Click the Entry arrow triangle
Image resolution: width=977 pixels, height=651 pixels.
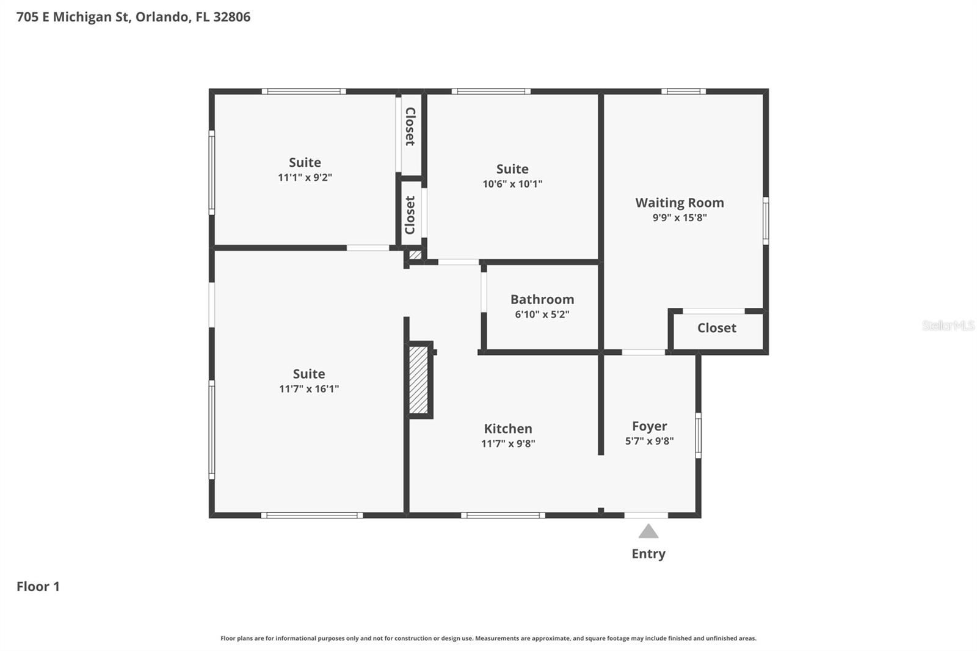648,532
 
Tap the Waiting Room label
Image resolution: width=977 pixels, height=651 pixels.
680,203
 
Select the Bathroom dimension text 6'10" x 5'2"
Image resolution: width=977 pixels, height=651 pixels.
542,315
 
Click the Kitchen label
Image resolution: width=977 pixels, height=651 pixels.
508,429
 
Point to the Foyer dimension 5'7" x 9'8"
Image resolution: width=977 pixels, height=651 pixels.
649,441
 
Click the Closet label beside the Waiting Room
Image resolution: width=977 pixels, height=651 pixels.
717,328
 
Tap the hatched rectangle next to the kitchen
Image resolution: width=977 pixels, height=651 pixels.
419,380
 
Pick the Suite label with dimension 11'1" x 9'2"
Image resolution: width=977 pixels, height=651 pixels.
305,162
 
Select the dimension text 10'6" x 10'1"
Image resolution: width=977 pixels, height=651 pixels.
512,184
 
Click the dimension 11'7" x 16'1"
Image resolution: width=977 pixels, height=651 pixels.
309,388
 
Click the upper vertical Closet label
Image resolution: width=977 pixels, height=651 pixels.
410,126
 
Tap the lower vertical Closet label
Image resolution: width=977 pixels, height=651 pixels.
410,215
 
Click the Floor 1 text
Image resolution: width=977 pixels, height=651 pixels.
38,586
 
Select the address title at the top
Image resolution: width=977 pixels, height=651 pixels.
133,17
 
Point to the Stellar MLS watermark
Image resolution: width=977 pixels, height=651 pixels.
948,325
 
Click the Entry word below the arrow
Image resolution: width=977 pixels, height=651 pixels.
648,554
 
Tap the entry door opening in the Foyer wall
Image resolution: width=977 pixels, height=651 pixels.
646,515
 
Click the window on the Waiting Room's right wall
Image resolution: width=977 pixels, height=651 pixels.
765,220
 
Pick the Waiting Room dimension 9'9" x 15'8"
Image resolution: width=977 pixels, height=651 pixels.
680,217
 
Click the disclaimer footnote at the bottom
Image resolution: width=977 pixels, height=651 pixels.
488,638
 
